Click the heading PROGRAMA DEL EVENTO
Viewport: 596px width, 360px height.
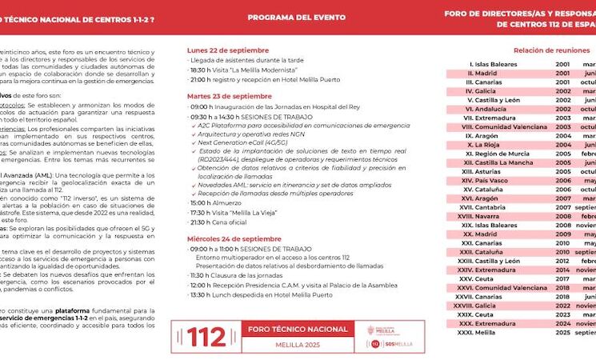point(296,18)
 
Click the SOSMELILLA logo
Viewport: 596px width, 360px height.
point(392,344)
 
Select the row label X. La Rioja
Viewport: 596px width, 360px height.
point(490,145)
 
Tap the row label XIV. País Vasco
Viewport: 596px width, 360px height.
point(485,181)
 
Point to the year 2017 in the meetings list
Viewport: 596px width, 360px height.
point(562,278)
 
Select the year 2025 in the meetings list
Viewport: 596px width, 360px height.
point(562,332)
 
